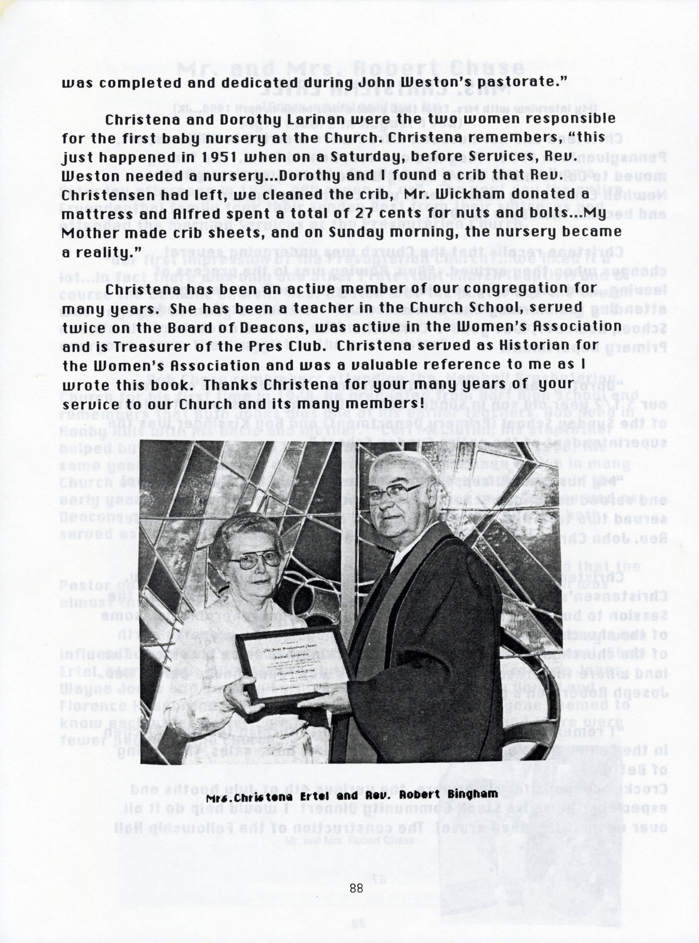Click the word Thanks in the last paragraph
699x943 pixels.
point(230,385)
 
